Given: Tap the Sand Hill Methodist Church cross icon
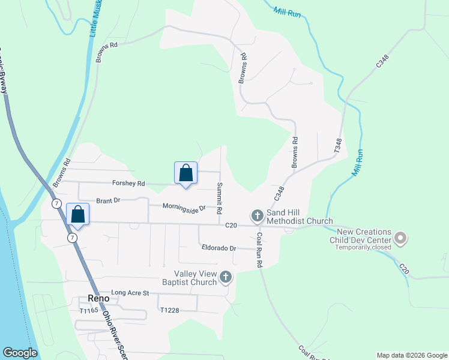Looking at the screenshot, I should coord(257,215).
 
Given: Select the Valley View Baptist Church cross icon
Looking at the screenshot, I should coord(226,277).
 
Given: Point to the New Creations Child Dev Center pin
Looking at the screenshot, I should coord(400,239).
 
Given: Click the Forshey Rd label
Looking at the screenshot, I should coord(128,184).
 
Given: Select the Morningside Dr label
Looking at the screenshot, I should coord(184,206).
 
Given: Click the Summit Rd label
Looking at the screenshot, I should coord(220,195).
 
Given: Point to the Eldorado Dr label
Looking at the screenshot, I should coord(219,247).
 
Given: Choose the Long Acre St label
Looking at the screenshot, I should coord(130,292).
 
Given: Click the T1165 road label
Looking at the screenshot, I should coord(88,311).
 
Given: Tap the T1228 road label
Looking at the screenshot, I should coord(170,310).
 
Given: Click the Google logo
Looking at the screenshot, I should coord(20,352).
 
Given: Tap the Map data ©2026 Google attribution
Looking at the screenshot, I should coord(412,355).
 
